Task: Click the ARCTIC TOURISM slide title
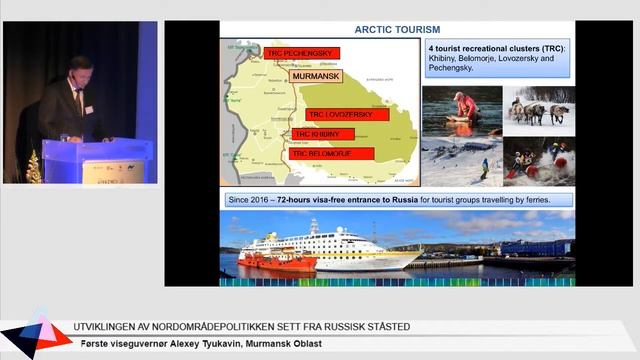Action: tap(397, 29)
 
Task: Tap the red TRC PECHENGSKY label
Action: tap(304, 53)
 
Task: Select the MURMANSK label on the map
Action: tap(317, 75)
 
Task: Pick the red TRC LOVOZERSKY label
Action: tap(340, 115)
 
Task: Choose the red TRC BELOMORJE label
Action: tap(332, 154)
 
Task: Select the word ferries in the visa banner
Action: tap(546, 199)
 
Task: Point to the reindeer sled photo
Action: tap(538, 108)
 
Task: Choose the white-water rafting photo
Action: tap(538, 160)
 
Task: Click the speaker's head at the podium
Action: tap(76, 68)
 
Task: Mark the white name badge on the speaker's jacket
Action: tap(88, 107)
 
